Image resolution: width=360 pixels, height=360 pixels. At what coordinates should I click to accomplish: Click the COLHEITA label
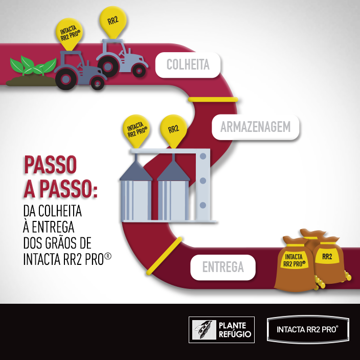188,64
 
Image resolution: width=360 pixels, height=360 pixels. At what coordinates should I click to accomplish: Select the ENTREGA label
222,267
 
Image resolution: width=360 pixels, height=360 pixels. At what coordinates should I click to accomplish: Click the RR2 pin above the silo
173,129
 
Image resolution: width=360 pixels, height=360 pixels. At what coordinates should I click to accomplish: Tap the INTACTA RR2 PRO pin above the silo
137,130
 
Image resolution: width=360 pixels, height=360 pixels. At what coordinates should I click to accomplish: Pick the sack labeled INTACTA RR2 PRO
294,266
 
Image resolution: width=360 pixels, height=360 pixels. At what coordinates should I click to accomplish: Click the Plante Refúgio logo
221,330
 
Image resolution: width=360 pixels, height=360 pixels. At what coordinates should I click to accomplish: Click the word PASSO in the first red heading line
50,165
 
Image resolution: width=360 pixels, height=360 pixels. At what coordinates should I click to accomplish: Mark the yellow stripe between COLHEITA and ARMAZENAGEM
213,99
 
